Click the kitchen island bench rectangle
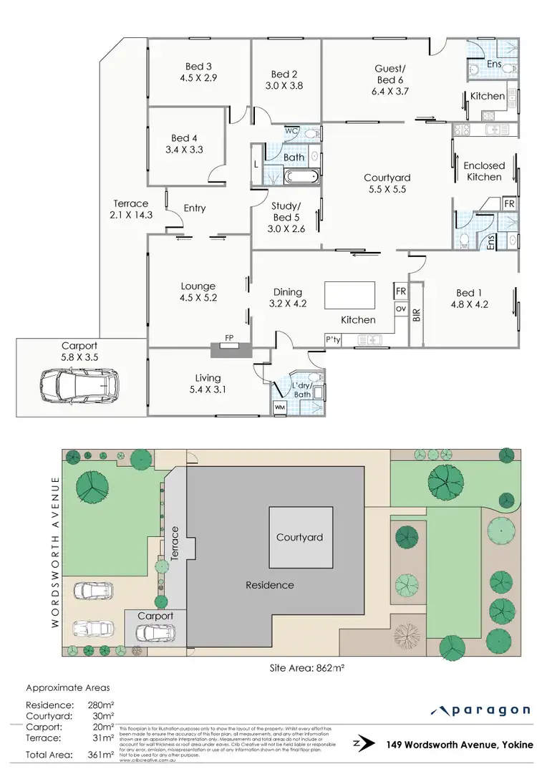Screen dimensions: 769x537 349,294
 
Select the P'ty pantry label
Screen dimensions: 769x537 333,339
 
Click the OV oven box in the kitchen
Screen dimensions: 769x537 400,309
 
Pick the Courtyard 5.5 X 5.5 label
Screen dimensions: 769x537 387,183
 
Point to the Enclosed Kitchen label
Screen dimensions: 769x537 484,170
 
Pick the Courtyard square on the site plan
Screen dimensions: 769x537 300,537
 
